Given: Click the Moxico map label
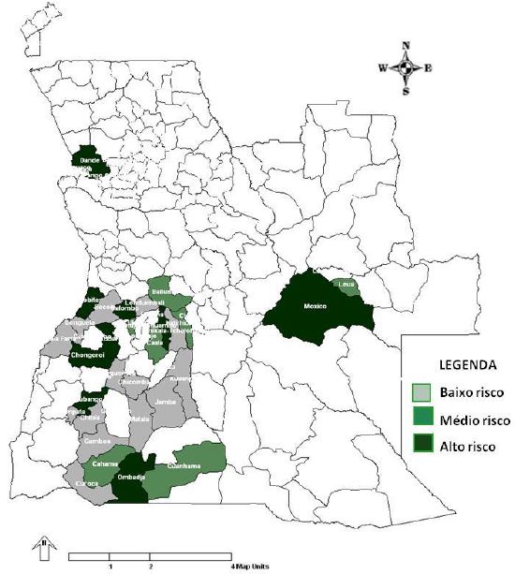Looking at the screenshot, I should [316, 306].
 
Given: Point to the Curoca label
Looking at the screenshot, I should [86, 484].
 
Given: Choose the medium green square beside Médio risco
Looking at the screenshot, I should [422, 419].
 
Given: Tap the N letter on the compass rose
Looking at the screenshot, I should [405, 45].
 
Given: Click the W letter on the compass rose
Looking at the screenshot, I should [383, 67].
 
